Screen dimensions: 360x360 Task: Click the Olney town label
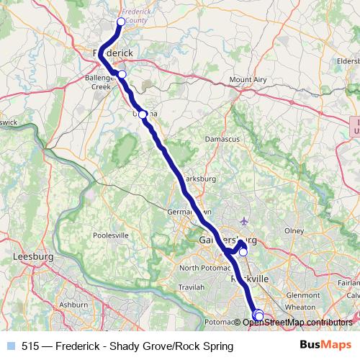tap(295, 230)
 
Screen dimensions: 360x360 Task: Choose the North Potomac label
tap(203, 268)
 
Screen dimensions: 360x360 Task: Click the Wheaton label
tap(300, 307)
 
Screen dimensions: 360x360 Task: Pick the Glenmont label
tap(301, 294)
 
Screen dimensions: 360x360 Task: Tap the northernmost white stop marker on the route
tap(121, 22)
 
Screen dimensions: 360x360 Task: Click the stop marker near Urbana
tap(143, 114)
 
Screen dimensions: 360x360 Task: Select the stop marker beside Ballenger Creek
tap(122, 74)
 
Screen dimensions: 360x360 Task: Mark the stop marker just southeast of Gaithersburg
tap(243, 252)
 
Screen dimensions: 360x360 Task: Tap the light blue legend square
tap(10, 346)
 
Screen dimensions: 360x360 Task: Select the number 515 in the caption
tap(30, 346)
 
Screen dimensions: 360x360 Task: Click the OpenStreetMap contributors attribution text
tap(298, 322)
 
